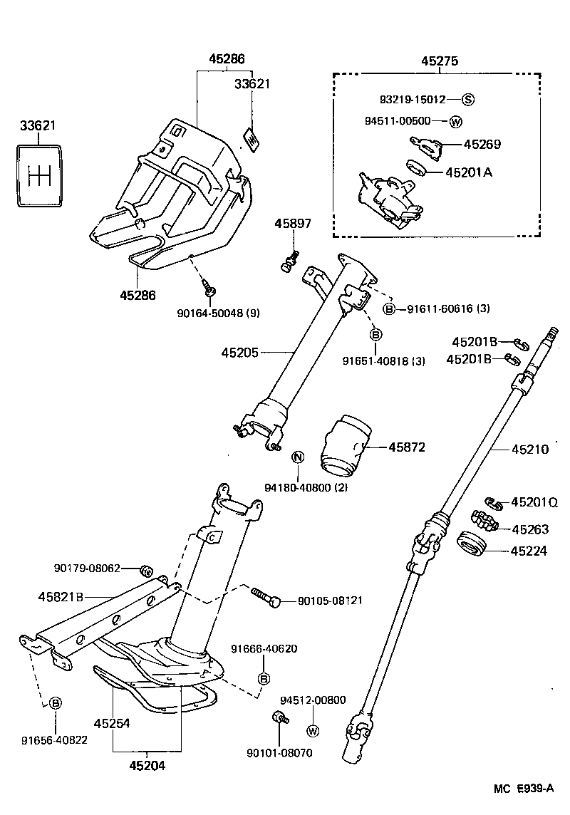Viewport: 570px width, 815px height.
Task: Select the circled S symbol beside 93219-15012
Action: [x=468, y=99]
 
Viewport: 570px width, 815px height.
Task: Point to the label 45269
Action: [x=482, y=144]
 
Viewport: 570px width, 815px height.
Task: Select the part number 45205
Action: [x=239, y=352]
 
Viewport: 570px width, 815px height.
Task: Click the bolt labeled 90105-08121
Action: [x=266, y=597]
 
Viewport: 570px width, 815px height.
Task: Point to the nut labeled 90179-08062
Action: [x=145, y=569]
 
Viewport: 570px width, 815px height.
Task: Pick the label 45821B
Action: [x=61, y=596]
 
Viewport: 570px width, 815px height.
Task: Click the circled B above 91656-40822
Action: [x=55, y=703]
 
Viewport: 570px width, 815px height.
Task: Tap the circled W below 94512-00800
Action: [x=312, y=730]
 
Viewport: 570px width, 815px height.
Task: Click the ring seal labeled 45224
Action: [x=471, y=545]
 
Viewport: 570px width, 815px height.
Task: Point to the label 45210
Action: [x=529, y=450]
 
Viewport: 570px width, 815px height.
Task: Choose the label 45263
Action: [x=529, y=529]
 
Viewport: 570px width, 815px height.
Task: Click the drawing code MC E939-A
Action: [x=524, y=789]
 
